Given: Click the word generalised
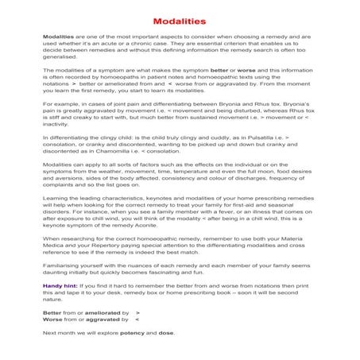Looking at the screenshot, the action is (x=60, y=56).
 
